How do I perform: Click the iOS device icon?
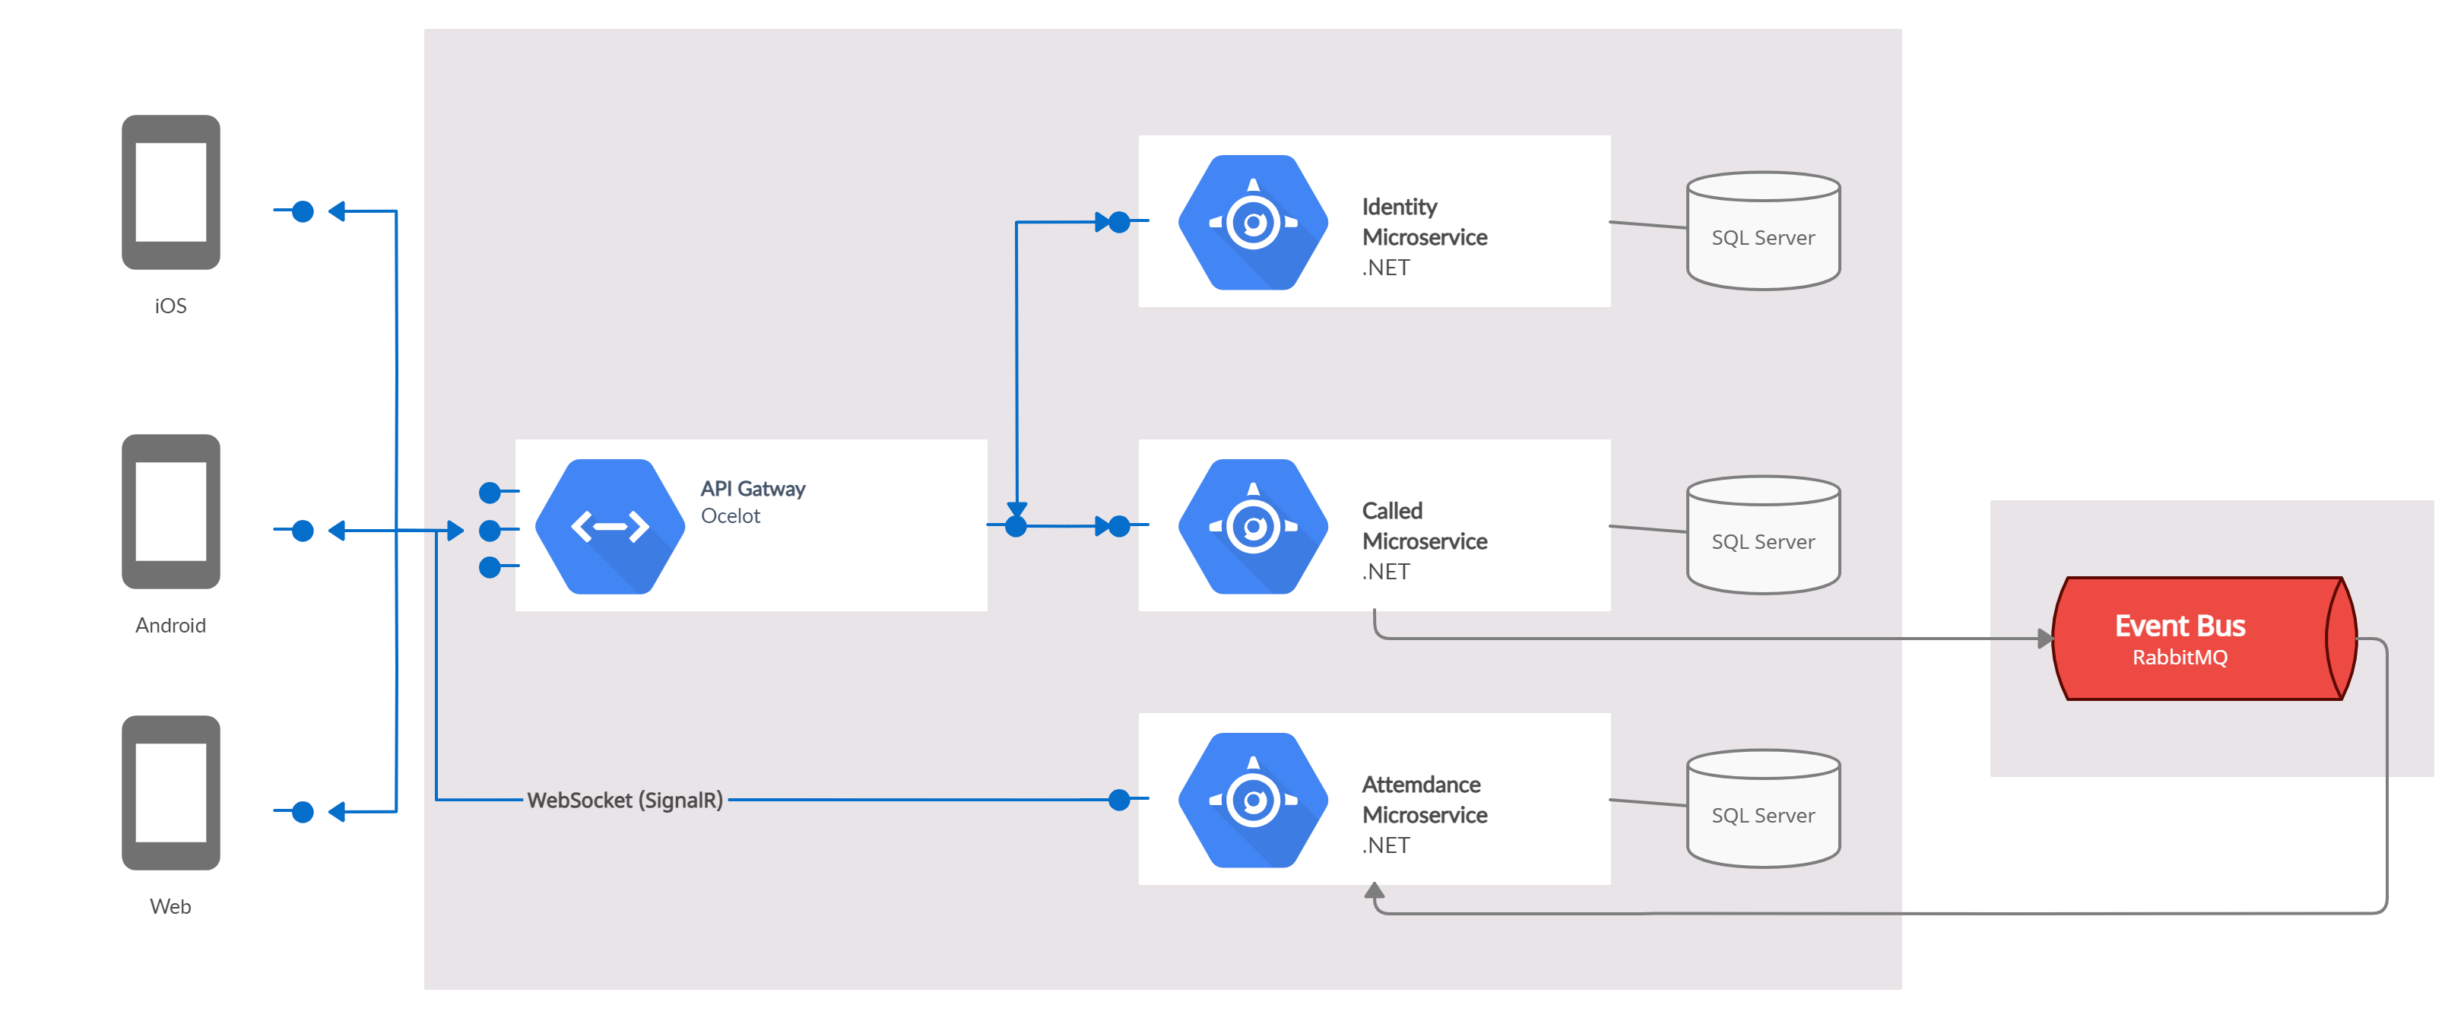tap(170, 192)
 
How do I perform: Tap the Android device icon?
tap(170, 511)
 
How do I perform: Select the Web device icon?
tap(170, 792)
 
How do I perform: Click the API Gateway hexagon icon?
tap(609, 526)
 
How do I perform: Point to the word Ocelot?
tap(730, 515)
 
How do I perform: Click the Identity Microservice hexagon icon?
tap(1252, 222)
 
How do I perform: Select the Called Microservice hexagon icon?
tap(1252, 526)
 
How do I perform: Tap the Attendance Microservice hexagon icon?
tap(1252, 800)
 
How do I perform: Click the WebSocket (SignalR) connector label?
tap(625, 800)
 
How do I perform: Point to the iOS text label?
tap(170, 306)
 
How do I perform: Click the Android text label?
tap(170, 625)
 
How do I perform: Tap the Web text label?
tap(170, 906)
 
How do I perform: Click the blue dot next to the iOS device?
tap(303, 211)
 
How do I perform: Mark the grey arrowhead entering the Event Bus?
tap(2045, 639)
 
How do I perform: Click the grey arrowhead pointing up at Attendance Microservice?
tap(1375, 891)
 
